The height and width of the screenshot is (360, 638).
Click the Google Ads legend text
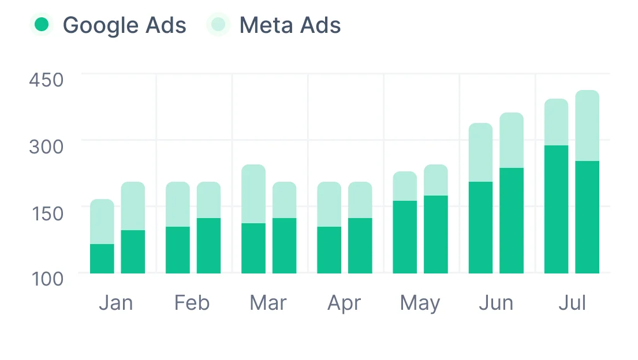[124, 25]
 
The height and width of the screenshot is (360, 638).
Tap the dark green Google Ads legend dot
[42, 25]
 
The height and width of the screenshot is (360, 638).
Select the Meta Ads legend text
[290, 25]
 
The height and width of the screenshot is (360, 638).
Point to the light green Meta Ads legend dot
[218, 25]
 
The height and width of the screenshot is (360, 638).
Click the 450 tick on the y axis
[46, 80]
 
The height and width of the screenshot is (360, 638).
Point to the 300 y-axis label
[46, 147]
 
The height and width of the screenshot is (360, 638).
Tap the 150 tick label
[46, 213]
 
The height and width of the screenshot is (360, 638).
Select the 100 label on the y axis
[46, 279]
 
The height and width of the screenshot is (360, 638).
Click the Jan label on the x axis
[115, 303]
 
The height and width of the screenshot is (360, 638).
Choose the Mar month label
[268, 303]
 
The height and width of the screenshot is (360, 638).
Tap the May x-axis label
[420, 303]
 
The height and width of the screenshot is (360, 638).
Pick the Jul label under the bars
[572, 303]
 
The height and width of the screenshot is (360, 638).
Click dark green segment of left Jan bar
[102, 258]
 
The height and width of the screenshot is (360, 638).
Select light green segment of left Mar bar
[253, 194]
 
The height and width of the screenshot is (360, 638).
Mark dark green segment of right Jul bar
[587, 217]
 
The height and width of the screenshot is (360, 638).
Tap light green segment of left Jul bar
[557, 122]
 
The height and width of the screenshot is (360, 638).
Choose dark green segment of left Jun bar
[480, 227]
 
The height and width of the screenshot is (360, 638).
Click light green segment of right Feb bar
[208, 200]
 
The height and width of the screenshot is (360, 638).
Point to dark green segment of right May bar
[436, 234]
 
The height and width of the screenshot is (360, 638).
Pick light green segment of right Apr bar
[360, 200]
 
